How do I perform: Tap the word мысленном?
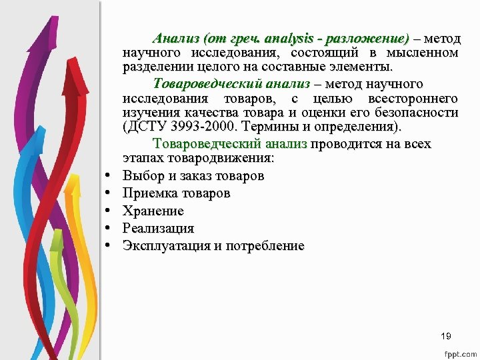click(x=426, y=53)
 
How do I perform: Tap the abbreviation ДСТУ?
click(x=147, y=127)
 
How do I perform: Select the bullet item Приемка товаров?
click(x=176, y=193)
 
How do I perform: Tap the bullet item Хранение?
click(x=153, y=211)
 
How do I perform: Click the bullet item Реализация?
click(x=158, y=229)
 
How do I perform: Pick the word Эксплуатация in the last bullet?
click(x=166, y=246)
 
